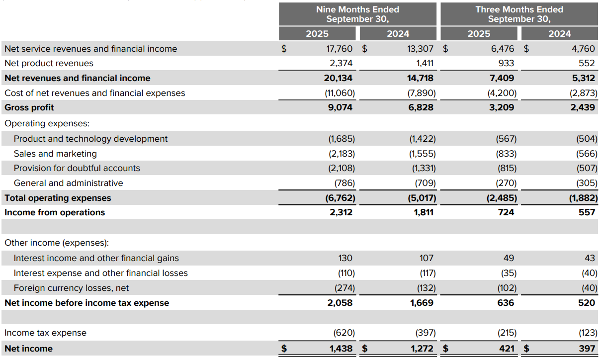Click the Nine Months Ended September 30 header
(x=357, y=14)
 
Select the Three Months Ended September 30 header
(x=519, y=14)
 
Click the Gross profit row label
(x=29, y=107)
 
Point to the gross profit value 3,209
(x=502, y=107)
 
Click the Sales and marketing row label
(x=55, y=154)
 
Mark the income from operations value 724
(x=506, y=212)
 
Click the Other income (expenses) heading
(x=57, y=243)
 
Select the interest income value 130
(x=345, y=258)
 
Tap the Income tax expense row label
(x=45, y=333)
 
